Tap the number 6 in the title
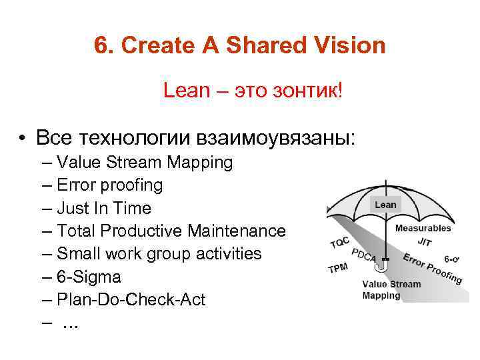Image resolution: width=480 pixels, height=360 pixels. coord(101,46)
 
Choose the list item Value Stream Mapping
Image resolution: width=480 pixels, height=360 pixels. coord(145,162)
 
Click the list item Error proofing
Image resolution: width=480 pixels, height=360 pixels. coord(109,185)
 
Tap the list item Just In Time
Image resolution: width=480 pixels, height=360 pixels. coord(104,208)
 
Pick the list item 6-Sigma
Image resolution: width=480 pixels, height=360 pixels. coord(89,277)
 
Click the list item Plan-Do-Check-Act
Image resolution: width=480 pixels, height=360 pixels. coord(131,299)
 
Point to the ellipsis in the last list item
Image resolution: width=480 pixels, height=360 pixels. coord(70,323)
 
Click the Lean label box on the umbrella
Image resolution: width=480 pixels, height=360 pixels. coord(385,205)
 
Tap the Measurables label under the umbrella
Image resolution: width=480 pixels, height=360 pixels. coord(423,228)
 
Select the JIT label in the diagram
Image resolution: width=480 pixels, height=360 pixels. coord(425,242)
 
